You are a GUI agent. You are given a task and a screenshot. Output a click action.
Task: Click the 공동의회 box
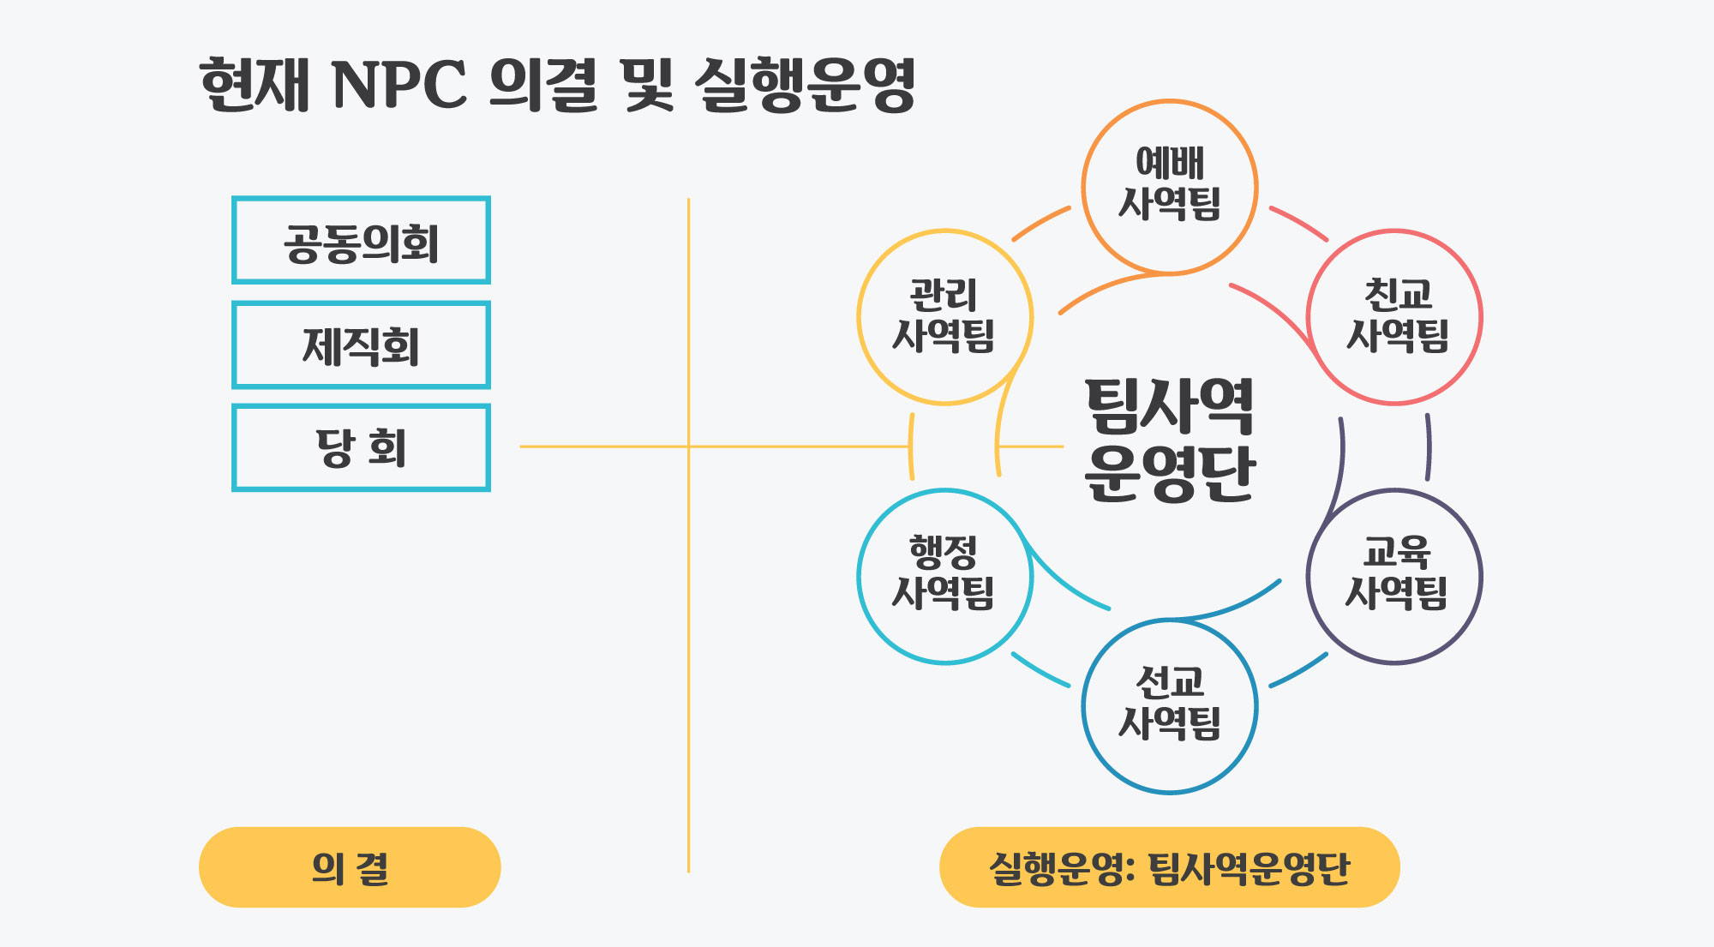[361, 241]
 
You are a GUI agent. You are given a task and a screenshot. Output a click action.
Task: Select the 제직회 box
[361, 345]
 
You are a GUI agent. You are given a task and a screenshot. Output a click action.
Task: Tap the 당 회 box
[361, 447]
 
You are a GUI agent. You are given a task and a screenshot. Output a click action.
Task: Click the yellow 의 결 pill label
[350, 867]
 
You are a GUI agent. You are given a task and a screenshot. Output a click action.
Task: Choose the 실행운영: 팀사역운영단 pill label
[1169, 867]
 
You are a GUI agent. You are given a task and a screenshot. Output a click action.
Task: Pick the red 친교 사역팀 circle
[1395, 317]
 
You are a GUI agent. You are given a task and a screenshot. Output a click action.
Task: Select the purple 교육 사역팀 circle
[1395, 576]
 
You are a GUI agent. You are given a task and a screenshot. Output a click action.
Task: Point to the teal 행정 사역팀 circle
[944, 576]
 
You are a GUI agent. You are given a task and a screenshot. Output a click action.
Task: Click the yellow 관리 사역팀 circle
[944, 317]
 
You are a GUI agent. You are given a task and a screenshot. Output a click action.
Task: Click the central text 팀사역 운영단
[1169, 439]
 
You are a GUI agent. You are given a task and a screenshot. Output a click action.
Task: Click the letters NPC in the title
[399, 86]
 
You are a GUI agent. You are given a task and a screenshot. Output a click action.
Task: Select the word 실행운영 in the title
[806, 86]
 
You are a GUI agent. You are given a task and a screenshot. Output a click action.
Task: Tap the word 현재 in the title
[254, 86]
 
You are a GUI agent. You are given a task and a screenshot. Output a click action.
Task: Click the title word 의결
[543, 86]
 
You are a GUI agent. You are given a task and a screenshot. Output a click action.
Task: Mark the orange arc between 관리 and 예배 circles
[1040, 222]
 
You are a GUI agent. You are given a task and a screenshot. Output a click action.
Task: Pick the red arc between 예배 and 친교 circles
[1299, 222]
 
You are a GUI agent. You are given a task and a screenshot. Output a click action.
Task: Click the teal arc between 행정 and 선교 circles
[1040, 670]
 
